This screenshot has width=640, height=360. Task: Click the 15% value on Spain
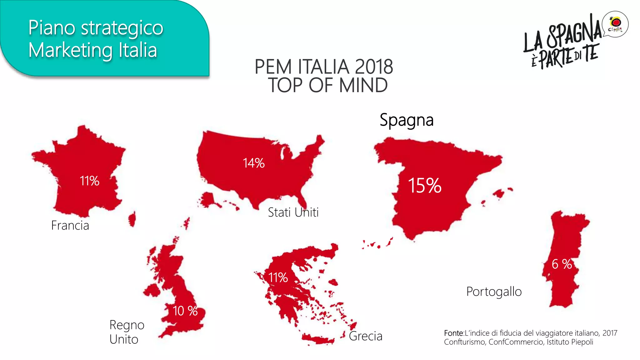[x=424, y=186]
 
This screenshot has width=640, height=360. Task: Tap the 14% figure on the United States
[x=253, y=163]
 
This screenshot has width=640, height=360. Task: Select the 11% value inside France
[x=89, y=181]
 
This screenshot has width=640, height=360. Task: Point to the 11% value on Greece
[x=278, y=277]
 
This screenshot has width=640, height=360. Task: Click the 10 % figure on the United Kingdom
[x=185, y=311]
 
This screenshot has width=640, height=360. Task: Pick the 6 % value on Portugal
[x=562, y=264]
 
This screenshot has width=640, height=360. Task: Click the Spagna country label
[x=407, y=120]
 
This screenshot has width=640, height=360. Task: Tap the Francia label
[x=70, y=225]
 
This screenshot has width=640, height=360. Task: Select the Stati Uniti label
[x=293, y=212]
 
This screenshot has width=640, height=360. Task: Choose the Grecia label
[x=365, y=336]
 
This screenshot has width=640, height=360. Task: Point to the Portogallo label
[x=494, y=292]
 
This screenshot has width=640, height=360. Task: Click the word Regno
[x=127, y=325]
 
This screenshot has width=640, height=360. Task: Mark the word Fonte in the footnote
[x=453, y=333]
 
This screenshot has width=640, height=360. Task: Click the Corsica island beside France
[x=132, y=219]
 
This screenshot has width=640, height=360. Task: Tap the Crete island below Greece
[x=317, y=339]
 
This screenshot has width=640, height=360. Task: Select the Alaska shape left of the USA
[x=208, y=200]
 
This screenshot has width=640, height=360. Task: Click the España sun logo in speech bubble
[x=615, y=24]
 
